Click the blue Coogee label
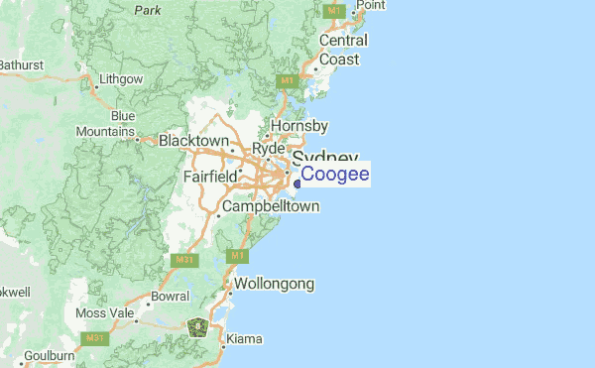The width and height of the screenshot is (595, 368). (x=335, y=175)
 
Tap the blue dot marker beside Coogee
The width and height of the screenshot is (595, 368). (x=297, y=183)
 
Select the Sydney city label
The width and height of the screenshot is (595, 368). (x=324, y=159)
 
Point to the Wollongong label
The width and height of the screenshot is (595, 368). (x=274, y=285)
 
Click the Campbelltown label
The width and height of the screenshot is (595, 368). (x=271, y=206)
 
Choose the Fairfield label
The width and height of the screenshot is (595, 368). (x=210, y=177)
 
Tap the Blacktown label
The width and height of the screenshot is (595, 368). (x=193, y=141)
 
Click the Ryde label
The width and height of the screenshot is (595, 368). (x=268, y=148)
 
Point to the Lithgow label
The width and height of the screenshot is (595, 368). (x=121, y=78)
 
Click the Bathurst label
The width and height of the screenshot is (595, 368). (x=21, y=64)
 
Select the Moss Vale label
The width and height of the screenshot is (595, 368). (x=103, y=313)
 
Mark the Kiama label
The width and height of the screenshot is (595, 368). (x=244, y=339)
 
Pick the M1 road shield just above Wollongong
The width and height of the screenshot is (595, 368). (x=237, y=257)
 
